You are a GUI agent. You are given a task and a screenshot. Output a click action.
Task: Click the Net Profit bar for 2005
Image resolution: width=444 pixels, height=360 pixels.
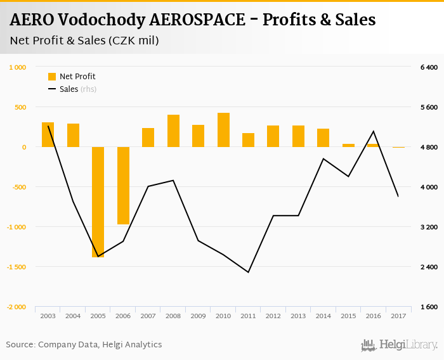click(98, 202)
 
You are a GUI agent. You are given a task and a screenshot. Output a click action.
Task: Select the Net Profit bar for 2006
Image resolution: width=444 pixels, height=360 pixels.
click(123, 185)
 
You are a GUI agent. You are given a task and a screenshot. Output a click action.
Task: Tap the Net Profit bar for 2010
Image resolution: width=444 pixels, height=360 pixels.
click(223, 130)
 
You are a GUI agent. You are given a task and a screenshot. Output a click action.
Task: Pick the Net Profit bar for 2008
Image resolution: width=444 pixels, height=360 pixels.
click(173, 131)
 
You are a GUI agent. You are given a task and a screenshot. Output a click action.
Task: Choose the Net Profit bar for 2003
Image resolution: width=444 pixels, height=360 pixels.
click(48, 134)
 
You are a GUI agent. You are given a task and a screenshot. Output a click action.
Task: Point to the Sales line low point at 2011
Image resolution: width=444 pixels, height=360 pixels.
click(248, 272)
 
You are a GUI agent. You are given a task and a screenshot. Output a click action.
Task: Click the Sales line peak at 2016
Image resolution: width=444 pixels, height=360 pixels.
click(374, 131)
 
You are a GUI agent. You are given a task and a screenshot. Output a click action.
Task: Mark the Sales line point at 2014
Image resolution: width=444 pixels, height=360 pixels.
click(323, 158)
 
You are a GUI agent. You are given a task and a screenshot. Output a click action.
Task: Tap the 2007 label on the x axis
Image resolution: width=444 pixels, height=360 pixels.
click(148, 315)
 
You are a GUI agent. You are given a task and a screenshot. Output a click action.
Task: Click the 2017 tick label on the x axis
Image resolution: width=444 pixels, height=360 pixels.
click(398, 315)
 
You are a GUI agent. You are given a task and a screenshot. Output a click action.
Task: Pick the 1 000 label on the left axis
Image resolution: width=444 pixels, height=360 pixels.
click(18, 67)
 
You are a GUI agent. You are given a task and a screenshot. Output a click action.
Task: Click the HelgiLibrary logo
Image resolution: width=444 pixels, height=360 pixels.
click(400, 345)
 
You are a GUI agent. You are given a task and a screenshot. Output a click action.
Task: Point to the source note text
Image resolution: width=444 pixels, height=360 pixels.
click(84, 345)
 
